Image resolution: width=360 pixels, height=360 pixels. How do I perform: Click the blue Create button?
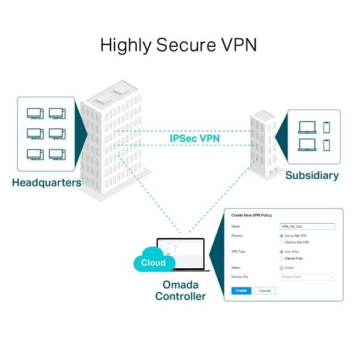(x=241, y=290)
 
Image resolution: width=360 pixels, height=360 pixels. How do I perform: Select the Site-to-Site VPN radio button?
(x=283, y=236)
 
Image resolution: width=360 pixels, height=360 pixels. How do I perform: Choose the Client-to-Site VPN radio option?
(x=283, y=242)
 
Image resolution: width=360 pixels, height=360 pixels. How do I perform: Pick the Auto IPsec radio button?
(x=283, y=252)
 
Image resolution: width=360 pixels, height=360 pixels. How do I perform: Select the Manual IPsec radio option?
(x=283, y=258)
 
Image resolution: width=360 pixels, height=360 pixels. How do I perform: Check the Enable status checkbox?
(x=283, y=268)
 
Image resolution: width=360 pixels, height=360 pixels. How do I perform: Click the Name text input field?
(x=307, y=227)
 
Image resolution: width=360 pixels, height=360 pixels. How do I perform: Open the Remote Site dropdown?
(x=307, y=277)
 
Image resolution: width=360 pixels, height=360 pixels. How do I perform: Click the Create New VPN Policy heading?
(x=253, y=215)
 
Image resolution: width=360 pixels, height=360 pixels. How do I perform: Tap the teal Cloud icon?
(x=154, y=262)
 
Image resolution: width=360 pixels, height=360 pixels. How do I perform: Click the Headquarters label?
(x=46, y=182)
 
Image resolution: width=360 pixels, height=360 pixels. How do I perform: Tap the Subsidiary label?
(x=311, y=176)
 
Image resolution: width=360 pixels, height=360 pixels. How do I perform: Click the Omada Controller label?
(x=180, y=290)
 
